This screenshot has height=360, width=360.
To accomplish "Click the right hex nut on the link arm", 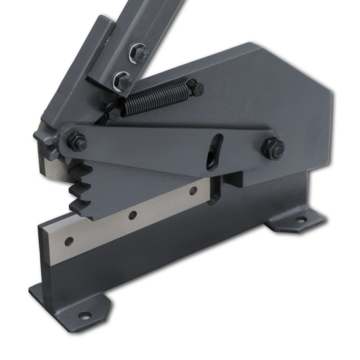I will click(273, 147).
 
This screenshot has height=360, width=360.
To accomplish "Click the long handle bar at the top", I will click(148, 27).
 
